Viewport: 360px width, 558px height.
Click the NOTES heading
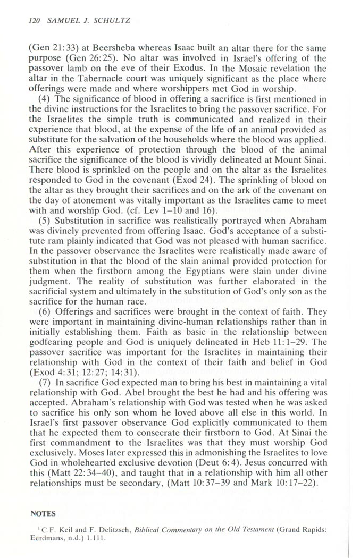pos(43,514)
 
